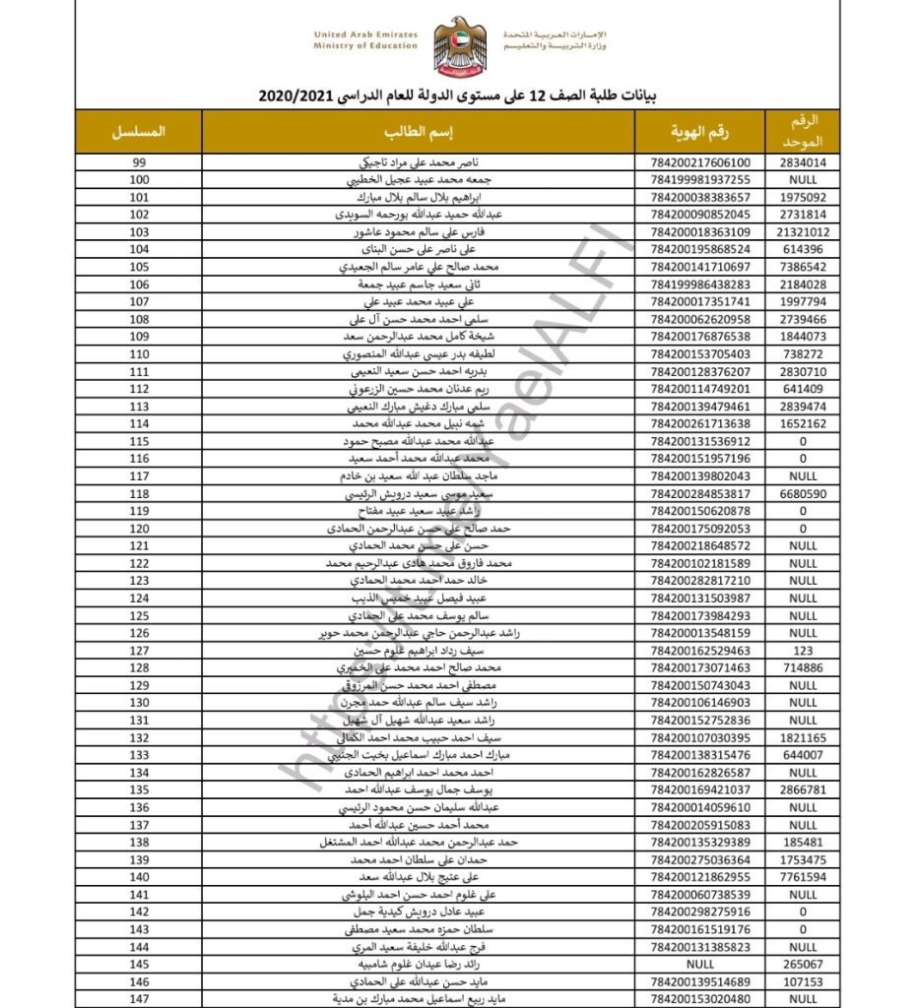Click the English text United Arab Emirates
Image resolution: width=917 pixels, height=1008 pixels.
[x=365, y=34]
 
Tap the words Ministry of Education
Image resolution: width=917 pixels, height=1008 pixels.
[x=365, y=46]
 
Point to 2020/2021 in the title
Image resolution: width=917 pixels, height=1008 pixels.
[x=295, y=97]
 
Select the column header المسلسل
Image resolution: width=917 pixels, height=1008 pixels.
[x=140, y=131]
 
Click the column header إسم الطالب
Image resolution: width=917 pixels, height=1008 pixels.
[x=418, y=131]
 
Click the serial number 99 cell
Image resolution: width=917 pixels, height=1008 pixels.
[x=140, y=162]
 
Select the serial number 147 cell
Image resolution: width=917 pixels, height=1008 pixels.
[x=140, y=999]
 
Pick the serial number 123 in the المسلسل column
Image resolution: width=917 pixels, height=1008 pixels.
[x=140, y=581]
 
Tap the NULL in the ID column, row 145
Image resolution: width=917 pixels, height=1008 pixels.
[x=699, y=965]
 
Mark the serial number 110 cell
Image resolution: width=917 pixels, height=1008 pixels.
[x=140, y=354]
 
